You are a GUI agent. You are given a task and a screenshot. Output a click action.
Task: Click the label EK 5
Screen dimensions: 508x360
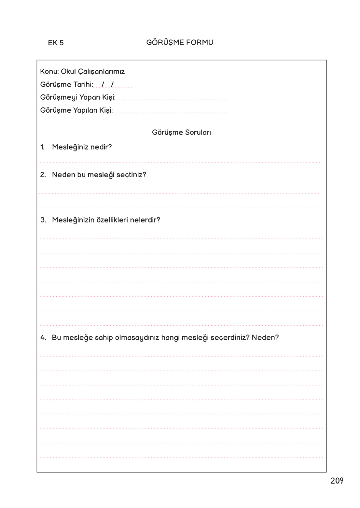56,43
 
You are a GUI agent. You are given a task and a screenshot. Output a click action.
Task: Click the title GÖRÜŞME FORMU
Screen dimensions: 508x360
180,42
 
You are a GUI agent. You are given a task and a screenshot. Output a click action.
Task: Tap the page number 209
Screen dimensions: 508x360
337,481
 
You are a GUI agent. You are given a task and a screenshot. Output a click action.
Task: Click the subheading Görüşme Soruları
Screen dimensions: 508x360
181,133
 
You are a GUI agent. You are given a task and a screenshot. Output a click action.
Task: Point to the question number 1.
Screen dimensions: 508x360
42,147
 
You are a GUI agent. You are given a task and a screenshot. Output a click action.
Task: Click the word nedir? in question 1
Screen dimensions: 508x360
101,147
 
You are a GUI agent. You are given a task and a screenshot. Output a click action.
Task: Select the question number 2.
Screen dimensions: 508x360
43,175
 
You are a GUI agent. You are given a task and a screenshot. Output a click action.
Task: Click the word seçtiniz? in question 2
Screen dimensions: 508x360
131,175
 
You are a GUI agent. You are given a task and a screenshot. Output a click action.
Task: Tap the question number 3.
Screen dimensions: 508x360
43,220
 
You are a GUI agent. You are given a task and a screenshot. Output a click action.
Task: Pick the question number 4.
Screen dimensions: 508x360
43,338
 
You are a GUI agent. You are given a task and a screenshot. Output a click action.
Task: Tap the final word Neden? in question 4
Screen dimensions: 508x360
265,338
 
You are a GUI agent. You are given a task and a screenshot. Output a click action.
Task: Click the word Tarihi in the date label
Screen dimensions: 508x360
83,85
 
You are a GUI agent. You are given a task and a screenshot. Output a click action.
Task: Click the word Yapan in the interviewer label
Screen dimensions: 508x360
90,97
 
